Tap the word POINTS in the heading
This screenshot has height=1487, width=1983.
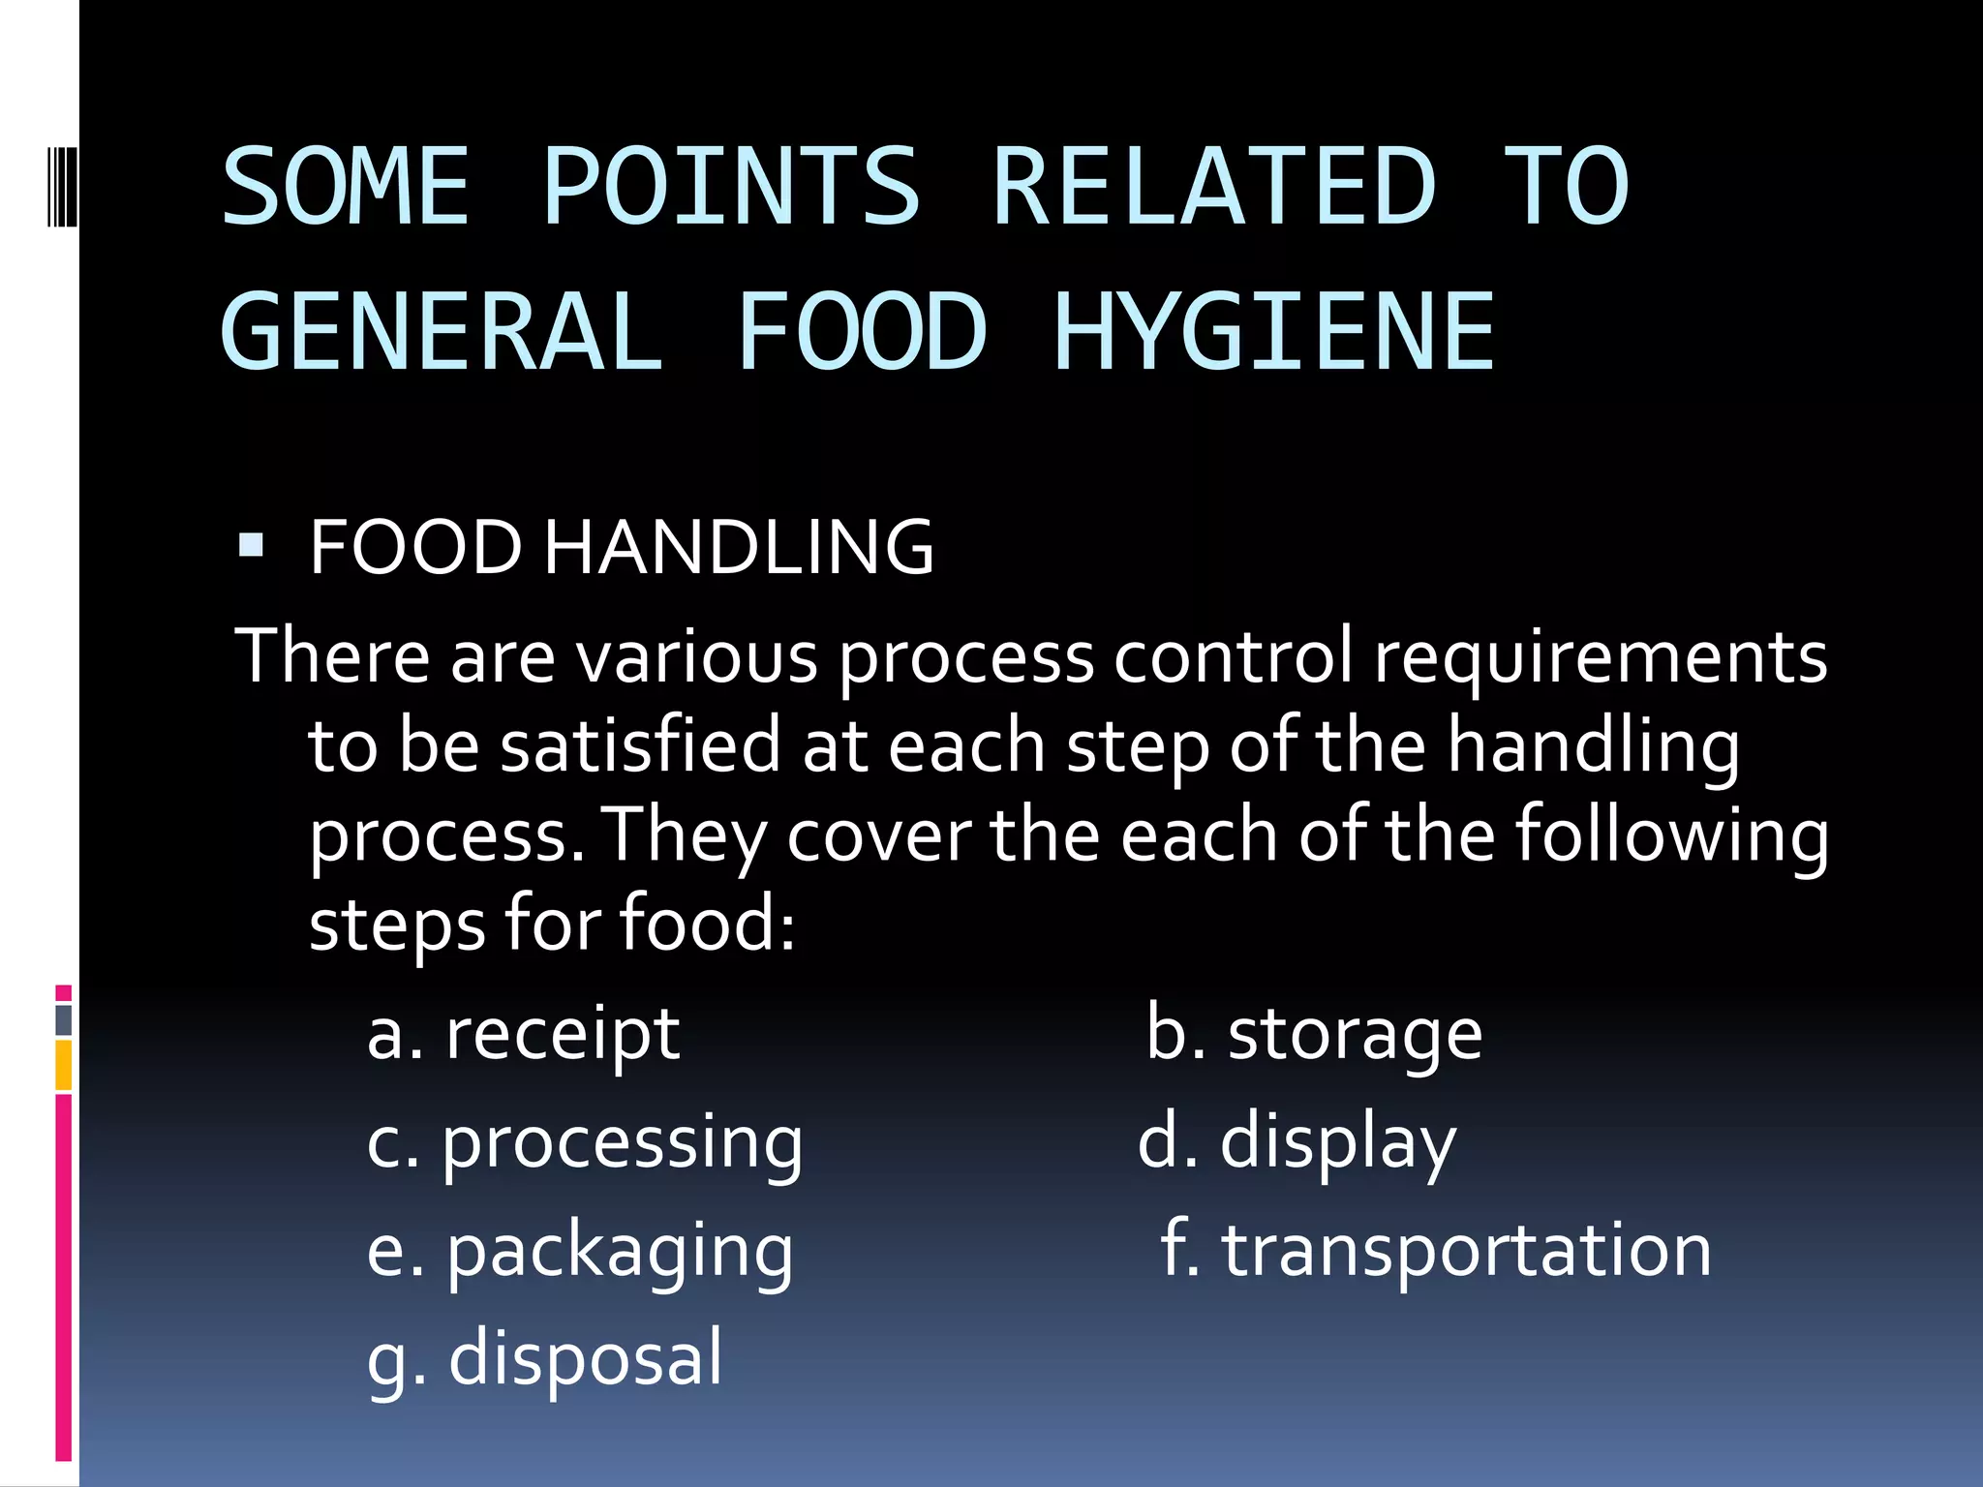pos(731,186)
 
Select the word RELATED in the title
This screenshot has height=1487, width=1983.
pos(1214,186)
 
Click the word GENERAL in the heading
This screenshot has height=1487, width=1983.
pos(442,332)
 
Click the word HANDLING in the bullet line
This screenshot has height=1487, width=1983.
pos(739,547)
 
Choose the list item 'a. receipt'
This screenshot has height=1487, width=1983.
pos(523,1035)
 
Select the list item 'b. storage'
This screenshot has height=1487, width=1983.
pos(1313,1035)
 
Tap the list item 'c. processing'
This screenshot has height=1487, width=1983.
pos(584,1143)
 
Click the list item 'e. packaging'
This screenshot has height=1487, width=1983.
pos(579,1252)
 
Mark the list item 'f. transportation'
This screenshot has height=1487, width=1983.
pos(1435,1250)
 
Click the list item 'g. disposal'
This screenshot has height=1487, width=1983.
pos(544,1358)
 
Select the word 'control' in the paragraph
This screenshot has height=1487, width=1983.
pos(1233,657)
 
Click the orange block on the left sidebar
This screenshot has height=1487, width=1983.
pos(64,1065)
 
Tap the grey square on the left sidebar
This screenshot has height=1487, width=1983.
pos(64,1019)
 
